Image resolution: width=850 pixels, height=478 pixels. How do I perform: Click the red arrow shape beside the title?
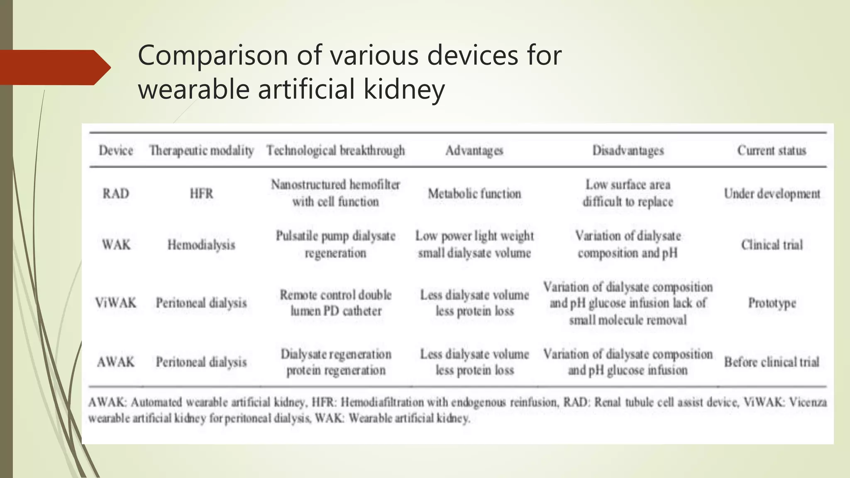[54, 67]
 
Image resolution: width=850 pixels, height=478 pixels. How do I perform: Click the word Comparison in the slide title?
[213, 55]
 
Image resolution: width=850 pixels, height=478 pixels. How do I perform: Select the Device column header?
[116, 150]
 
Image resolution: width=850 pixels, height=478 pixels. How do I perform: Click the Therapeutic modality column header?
[201, 150]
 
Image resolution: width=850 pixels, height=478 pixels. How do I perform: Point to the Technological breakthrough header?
[335, 150]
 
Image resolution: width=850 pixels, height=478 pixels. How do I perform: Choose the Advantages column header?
[474, 150]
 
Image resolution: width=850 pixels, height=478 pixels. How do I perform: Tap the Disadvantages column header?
[628, 150]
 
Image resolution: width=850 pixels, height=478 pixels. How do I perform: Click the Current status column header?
[772, 150]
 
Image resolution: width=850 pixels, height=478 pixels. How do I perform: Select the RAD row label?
[116, 193]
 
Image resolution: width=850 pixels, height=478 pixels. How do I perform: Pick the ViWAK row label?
[116, 303]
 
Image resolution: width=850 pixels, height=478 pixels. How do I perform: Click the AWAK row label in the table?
[116, 362]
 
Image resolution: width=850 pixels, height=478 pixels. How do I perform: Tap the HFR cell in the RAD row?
[201, 193]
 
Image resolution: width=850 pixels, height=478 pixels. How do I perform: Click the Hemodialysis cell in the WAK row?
[201, 245]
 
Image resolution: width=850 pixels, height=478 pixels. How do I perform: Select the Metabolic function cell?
[474, 193]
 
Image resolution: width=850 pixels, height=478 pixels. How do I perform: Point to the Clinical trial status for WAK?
[772, 245]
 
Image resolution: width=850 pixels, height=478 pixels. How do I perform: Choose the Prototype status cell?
[772, 303]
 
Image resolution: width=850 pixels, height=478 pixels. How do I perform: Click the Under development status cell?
[772, 193]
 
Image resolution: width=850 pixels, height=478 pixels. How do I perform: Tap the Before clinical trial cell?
[772, 362]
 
